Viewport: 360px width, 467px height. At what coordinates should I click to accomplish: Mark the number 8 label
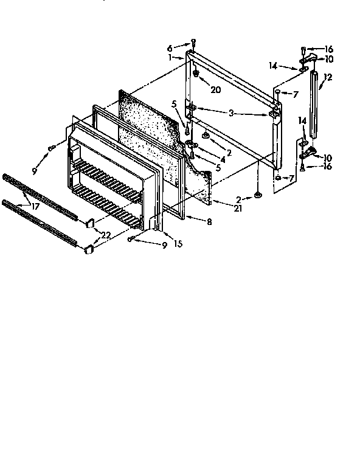tap(209, 223)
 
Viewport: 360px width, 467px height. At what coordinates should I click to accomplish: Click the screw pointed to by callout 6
tap(193, 42)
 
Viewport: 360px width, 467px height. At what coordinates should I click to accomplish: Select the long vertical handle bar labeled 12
tap(314, 103)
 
